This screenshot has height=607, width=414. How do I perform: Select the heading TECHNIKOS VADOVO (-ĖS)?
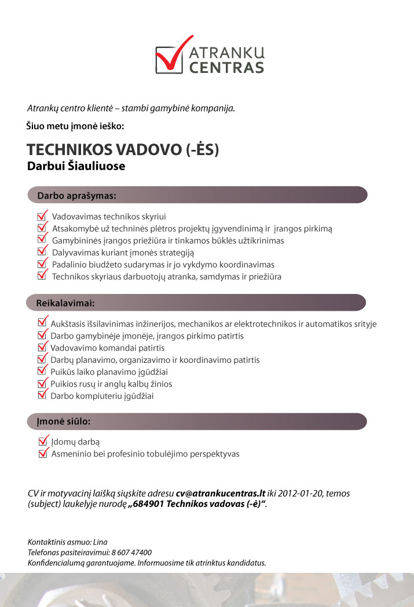pyautogui.click(x=123, y=149)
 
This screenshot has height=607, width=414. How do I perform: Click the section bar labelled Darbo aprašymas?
pyautogui.click(x=197, y=195)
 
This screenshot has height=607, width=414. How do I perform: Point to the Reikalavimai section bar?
pyautogui.click(x=197, y=303)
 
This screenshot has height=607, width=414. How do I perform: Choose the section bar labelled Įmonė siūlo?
pyautogui.click(x=197, y=421)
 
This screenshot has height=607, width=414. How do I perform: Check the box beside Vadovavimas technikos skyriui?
pyautogui.click(x=42, y=216)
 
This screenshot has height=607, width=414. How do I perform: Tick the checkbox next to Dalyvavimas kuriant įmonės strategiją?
pyautogui.click(x=42, y=252)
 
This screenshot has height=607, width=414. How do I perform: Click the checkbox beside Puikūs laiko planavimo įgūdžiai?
pyautogui.click(x=42, y=371)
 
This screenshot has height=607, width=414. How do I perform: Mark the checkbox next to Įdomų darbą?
pyautogui.click(x=42, y=442)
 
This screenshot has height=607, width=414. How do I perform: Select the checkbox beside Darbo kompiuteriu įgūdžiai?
pyautogui.click(x=42, y=395)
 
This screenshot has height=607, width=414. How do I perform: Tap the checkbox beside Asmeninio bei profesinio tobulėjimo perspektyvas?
pyautogui.click(x=42, y=454)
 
